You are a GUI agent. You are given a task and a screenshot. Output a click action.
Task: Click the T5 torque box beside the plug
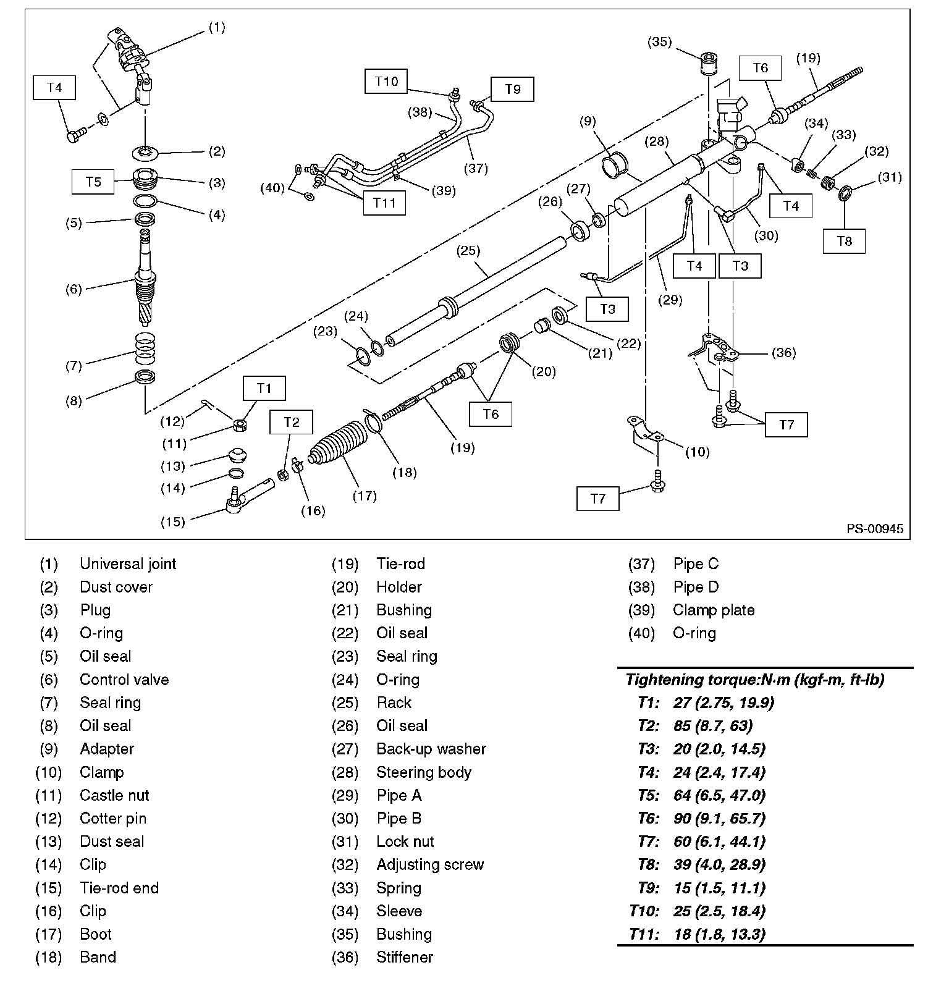[x=93, y=182]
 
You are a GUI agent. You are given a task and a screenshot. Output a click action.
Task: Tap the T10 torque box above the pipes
[x=386, y=81]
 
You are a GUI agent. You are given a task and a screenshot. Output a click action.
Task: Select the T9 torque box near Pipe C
[x=512, y=89]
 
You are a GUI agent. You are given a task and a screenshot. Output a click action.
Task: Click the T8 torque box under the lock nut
[x=844, y=241]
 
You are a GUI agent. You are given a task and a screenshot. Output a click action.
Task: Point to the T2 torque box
[x=291, y=423]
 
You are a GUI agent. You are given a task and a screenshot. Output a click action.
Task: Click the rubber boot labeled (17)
[x=339, y=449]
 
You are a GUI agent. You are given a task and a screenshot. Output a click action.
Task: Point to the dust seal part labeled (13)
[x=237, y=456]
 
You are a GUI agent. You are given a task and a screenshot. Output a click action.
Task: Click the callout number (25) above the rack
[x=468, y=251]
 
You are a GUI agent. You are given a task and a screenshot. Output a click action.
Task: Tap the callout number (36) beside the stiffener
[x=783, y=353]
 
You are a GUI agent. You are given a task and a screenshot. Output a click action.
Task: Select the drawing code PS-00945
[x=874, y=529]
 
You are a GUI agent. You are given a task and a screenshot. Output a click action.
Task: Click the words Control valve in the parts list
[x=124, y=680]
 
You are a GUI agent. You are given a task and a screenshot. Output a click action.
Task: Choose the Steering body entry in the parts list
[x=424, y=772]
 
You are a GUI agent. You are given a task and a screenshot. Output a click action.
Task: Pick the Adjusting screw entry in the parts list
[x=430, y=864]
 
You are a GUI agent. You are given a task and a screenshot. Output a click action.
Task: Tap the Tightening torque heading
[x=754, y=680]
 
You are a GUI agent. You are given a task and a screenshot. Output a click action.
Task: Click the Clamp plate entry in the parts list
[x=714, y=610]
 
